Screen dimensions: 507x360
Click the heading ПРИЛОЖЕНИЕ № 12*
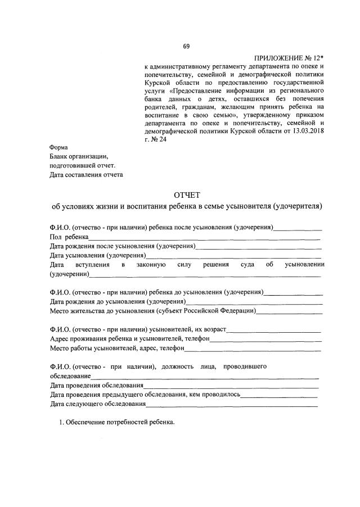pos(290,58)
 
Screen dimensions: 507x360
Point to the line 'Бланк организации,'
pos(78,156)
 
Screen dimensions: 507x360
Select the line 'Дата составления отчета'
pos(86,174)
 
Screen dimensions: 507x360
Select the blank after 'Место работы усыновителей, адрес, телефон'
pos(253,348)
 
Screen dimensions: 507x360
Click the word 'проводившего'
pos(245,366)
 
